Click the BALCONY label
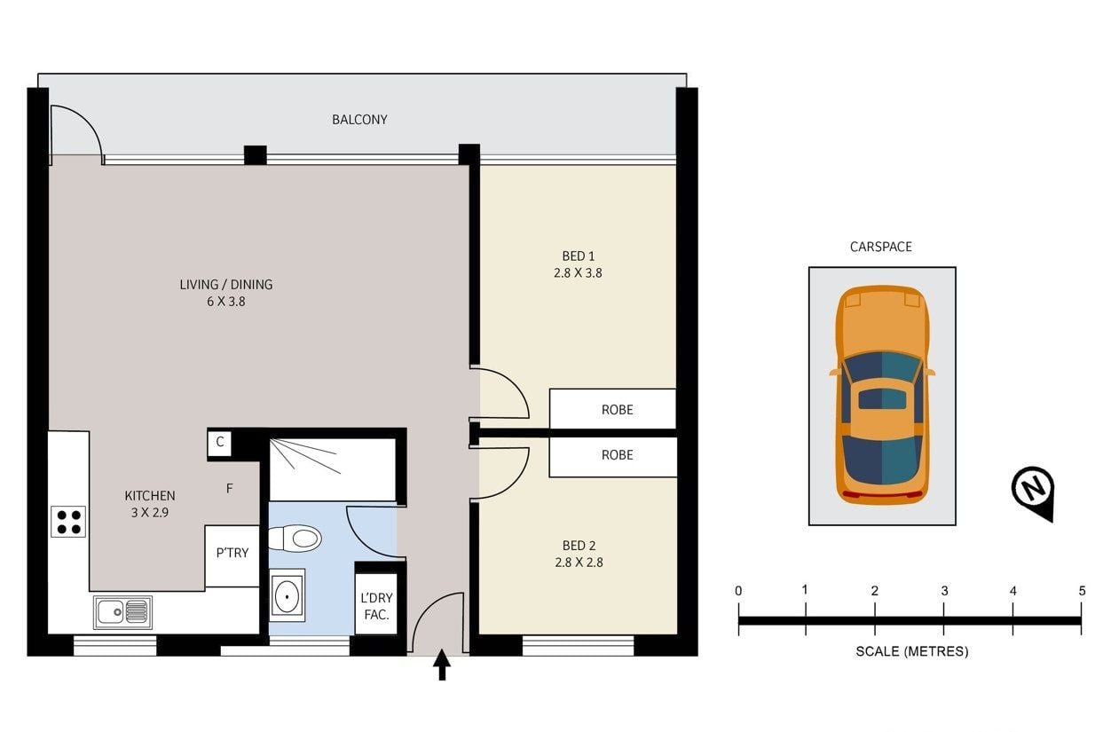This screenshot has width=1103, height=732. pyautogui.click(x=359, y=120)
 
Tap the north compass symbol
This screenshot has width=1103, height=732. pyautogui.click(x=1034, y=492)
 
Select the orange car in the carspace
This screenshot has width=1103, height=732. pyautogui.click(x=882, y=395)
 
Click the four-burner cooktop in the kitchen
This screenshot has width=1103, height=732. pyautogui.click(x=68, y=522)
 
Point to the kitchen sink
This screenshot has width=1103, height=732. pyautogui.click(x=122, y=612)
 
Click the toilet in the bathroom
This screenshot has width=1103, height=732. pyautogui.click(x=295, y=538)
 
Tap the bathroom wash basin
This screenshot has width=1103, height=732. pyautogui.click(x=287, y=595)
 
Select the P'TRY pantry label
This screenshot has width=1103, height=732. pyautogui.click(x=232, y=553)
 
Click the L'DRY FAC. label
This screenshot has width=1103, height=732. pyautogui.click(x=377, y=606)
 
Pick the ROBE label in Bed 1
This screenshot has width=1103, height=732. pyautogui.click(x=617, y=410)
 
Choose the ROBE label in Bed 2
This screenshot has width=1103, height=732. pyautogui.click(x=617, y=455)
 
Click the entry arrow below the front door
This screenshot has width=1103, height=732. pyautogui.click(x=442, y=665)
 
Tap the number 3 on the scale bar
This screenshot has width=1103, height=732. pyautogui.click(x=944, y=591)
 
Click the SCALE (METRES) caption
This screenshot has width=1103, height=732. pyautogui.click(x=912, y=651)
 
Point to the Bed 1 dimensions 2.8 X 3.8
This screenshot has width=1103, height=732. pyautogui.click(x=578, y=272)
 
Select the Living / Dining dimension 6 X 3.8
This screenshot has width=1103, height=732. pyautogui.click(x=226, y=302)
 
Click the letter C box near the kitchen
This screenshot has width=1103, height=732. pyautogui.click(x=219, y=443)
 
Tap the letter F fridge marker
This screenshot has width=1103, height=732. pyautogui.click(x=230, y=488)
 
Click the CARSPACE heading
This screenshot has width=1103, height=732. pyautogui.click(x=881, y=247)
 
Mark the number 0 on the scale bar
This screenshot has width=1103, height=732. pyautogui.click(x=738, y=591)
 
